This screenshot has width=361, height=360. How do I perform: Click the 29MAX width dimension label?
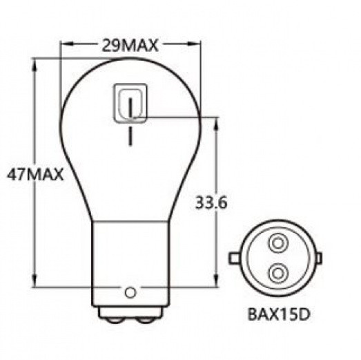point(130,46)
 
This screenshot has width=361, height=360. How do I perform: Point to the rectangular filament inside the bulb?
point(130,104)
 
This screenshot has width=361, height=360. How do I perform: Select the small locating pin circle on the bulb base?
point(130,292)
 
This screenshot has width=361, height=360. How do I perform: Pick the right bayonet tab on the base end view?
point(320,257)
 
